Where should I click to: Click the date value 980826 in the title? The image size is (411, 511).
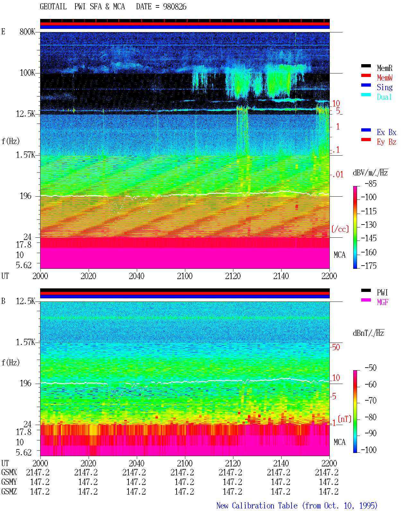click(x=174, y=7)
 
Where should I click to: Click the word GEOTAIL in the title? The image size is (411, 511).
click(x=53, y=7)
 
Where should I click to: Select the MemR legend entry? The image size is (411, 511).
click(x=384, y=68)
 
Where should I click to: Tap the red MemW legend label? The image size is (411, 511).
click(x=384, y=78)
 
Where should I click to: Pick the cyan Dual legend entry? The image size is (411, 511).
click(x=384, y=97)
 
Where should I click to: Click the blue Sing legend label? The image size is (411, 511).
click(x=384, y=87)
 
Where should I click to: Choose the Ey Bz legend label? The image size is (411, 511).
click(x=387, y=142)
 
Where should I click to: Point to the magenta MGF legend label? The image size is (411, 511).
click(x=382, y=302)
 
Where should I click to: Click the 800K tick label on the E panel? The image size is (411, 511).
click(x=27, y=31)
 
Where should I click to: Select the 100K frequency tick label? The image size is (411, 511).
click(x=27, y=73)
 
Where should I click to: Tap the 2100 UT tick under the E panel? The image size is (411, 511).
click(x=185, y=276)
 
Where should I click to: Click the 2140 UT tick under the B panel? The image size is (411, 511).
click(x=281, y=463)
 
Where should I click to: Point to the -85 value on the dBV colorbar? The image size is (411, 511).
click(x=371, y=184)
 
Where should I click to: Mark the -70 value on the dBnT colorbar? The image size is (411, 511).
click(x=371, y=401)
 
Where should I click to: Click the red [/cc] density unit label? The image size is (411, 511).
click(x=340, y=229)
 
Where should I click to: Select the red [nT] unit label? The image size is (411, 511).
click(x=345, y=419)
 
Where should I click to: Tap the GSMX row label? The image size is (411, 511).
click(x=9, y=473)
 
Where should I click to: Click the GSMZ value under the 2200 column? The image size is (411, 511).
click(x=328, y=491)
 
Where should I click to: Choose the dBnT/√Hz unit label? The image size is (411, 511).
click(x=368, y=333)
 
